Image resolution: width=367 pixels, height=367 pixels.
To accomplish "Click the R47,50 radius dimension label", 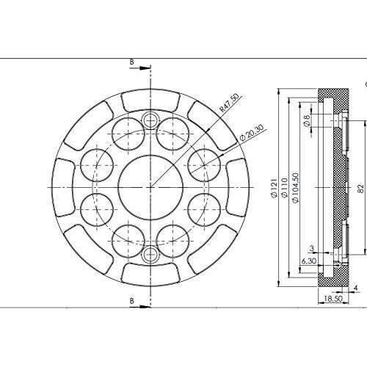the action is (229, 103).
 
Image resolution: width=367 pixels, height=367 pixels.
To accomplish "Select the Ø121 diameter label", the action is (275, 188).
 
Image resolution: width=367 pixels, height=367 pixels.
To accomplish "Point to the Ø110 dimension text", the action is (284, 187).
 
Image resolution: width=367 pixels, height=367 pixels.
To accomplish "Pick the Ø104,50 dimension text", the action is (295, 188).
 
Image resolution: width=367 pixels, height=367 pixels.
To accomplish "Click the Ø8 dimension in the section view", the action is (307, 120).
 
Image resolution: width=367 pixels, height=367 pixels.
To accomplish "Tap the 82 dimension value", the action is (360, 189).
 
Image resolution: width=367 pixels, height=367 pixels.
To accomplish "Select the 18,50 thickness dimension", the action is (333, 299).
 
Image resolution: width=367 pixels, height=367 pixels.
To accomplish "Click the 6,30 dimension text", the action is (309, 261).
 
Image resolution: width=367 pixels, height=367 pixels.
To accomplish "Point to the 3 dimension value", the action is (312, 248).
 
